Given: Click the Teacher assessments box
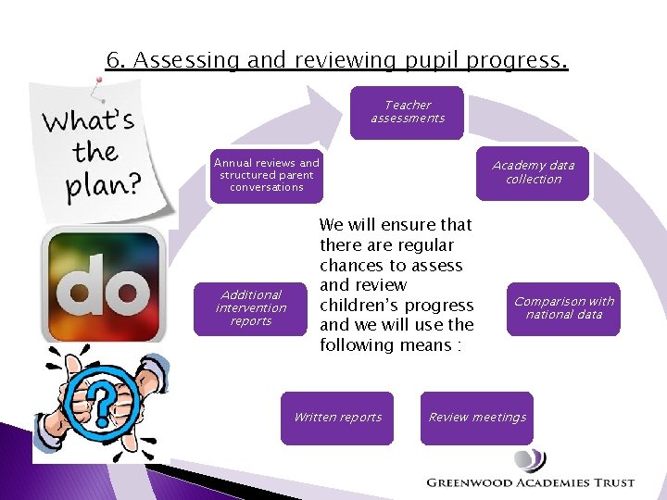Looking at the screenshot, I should pos(408,112).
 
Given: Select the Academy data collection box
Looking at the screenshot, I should pos(533,173).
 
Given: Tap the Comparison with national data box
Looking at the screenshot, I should pos(563,308).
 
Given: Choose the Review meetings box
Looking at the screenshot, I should pos(477,418).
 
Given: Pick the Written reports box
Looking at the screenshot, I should pos(337,418).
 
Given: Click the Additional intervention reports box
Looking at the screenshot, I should pos(251,308).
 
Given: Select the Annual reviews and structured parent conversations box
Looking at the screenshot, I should pos(266,175).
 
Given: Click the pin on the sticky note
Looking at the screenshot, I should pos(94,89).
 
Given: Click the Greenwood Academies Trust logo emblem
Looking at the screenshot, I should pos(531,460).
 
